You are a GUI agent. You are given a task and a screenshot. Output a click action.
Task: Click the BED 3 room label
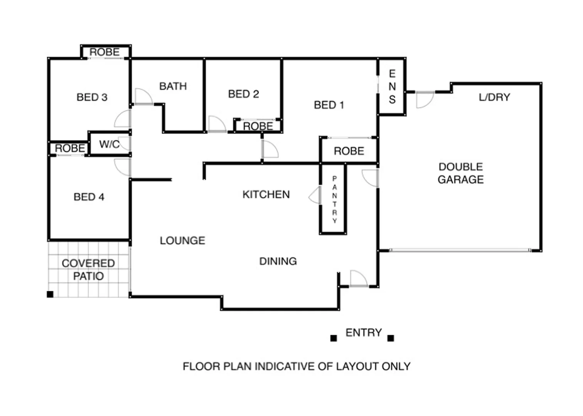click(x=92, y=97)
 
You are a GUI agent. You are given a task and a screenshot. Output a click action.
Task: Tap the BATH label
click(x=173, y=86)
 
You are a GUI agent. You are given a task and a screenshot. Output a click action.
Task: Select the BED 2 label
click(x=243, y=94)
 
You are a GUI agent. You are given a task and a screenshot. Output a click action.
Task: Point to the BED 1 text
click(x=329, y=105)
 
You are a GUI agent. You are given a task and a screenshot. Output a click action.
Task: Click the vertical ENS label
click(x=392, y=87)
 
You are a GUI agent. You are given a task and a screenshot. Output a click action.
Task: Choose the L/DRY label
click(x=494, y=97)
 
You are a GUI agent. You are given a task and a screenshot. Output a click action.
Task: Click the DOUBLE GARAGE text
click(x=460, y=173)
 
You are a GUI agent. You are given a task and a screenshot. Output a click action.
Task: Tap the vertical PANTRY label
click(x=334, y=200)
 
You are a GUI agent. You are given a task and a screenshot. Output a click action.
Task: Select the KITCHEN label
click(x=266, y=195)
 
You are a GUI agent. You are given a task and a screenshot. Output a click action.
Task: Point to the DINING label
click(x=278, y=261)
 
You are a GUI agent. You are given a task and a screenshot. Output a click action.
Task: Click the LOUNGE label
click(x=182, y=241)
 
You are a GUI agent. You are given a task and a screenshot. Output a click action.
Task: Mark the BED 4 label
click(x=89, y=197)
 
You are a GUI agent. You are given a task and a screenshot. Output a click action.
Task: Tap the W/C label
click(x=109, y=144)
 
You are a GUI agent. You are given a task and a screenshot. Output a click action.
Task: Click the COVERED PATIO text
click(x=88, y=270)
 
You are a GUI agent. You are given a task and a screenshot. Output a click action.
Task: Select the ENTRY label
click(x=363, y=332)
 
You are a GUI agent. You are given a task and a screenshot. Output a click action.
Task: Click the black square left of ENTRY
click(x=334, y=338)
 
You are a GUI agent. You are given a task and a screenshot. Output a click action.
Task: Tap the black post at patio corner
click(x=50, y=294)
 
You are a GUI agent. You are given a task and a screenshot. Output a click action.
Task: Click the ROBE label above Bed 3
click(x=104, y=52)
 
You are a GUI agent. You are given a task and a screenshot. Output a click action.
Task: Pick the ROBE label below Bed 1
click(x=349, y=151)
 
